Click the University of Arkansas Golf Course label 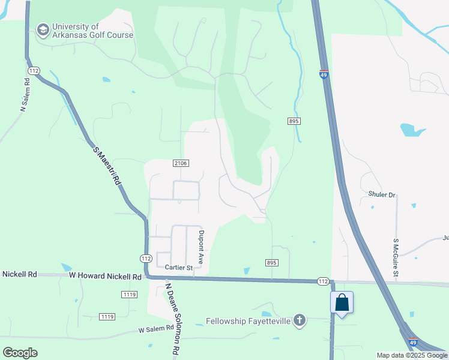click(92, 31)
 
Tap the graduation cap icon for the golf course click(43, 29)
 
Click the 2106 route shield click(181, 163)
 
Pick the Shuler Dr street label click(382, 195)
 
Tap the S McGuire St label click(396, 257)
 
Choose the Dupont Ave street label click(202, 247)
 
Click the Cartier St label click(178, 268)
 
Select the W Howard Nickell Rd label click(105, 276)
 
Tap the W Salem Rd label click(155, 329)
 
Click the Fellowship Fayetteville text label click(248, 321)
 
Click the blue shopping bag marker click(342, 302)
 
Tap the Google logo click(20, 352)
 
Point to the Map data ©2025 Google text click(411, 355)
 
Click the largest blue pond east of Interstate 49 click(412, 130)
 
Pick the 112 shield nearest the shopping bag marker click(324, 281)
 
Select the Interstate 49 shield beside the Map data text click(413, 342)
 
